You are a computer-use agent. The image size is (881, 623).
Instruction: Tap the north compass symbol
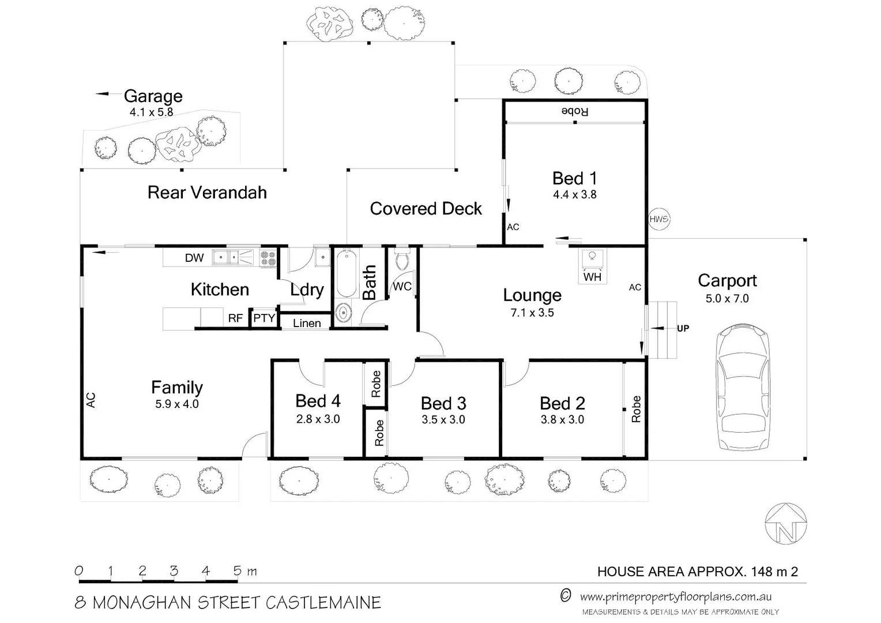(785, 523)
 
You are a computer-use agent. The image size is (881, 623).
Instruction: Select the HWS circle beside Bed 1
(658, 219)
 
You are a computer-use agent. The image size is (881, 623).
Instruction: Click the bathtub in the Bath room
(346, 273)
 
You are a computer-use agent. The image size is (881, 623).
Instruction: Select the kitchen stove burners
(268, 257)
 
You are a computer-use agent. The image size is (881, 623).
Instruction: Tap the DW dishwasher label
(194, 258)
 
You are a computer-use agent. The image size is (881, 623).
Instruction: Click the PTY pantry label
(264, 318)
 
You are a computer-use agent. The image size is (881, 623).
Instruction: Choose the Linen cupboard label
(307, 323)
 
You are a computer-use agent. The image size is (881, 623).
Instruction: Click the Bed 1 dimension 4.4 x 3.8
(574, 195)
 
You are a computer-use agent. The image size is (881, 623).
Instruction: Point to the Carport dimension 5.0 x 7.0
(726, 299)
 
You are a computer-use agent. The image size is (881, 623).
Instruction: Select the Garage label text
(153, 96)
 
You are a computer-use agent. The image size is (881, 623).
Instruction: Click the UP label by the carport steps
(683, 328)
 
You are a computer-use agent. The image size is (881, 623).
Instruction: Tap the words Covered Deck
(426, 209)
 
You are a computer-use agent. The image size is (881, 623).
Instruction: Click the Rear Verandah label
(207, 193)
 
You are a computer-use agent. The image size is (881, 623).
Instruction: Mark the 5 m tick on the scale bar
(238, 571)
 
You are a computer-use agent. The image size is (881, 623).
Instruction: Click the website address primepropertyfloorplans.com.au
(675, 597)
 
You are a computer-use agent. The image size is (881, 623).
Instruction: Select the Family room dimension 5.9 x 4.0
(176, 404)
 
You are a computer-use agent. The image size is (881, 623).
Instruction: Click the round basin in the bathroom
(343, 313)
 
